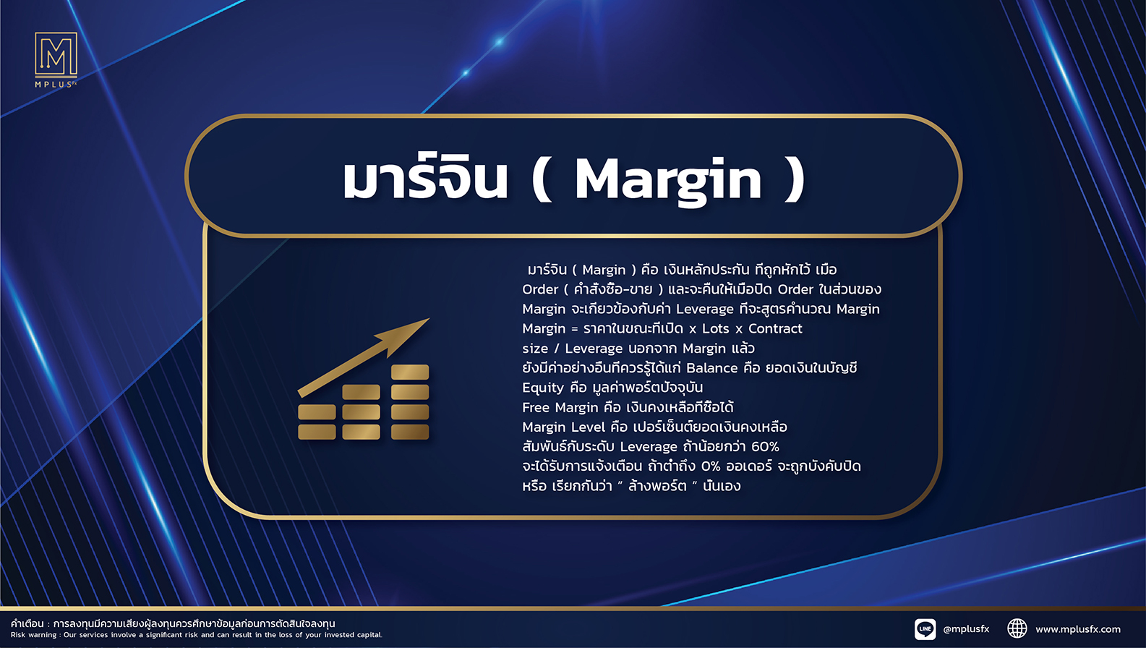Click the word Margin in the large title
click(x=668, y=181)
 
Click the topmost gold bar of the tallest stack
click(x=410, y=372)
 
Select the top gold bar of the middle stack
click(x=361, y=392)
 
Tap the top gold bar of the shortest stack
click(x=317, y=412)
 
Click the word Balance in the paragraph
click(x=711, y=368)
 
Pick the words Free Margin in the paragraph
click(x=560, y=408)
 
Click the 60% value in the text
click(x=765, y=447)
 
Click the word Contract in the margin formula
click(x=775, y=328)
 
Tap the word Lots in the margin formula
click(x=715, y=328)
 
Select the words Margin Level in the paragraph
click(x=564, y=427)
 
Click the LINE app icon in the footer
click(x=925, y=629)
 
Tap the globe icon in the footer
click(x=1017, y=628)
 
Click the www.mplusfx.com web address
click(x=1078, y=629)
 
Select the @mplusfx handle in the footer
click(x=966, y=629)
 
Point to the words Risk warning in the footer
click(x=33, y=635)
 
